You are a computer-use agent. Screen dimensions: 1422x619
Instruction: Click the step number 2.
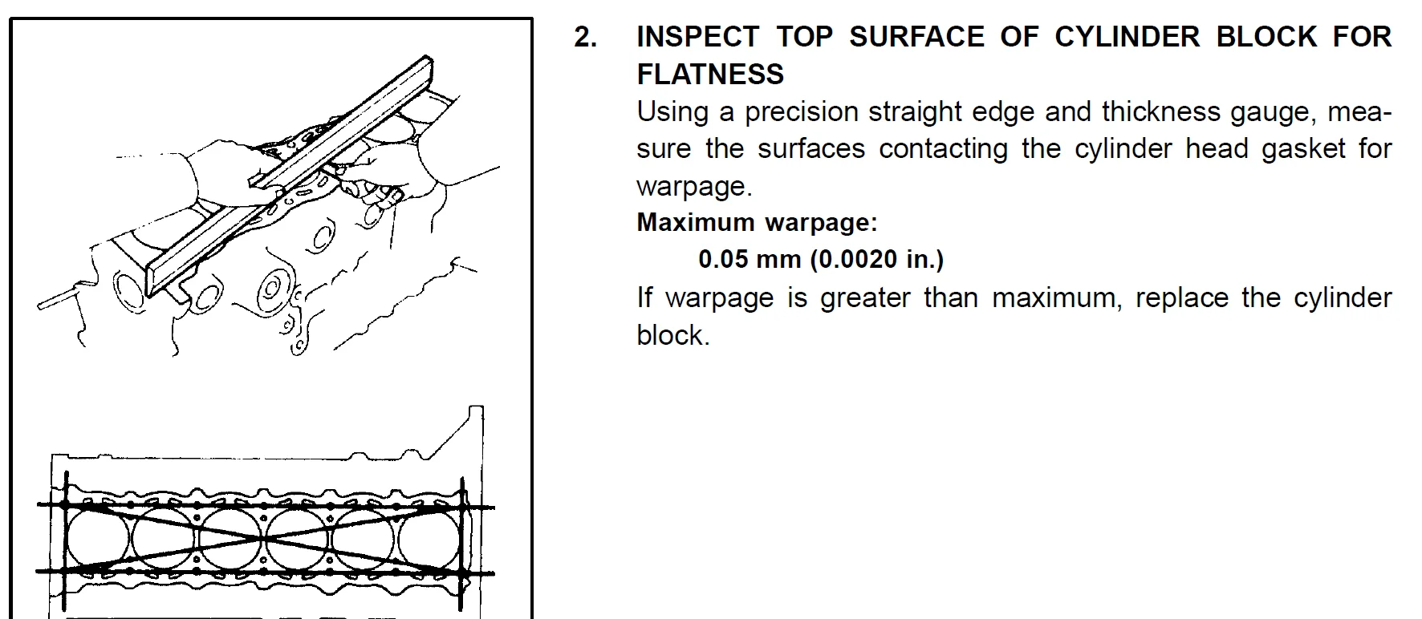pyautogui.click(x=585, y=37)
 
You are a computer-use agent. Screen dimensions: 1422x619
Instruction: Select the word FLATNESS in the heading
pyautogui.click(x=710, y=74)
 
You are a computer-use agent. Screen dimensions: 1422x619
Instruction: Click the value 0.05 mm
pyautogui.click(x=750, y=259)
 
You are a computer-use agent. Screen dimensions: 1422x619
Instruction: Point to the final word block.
pyautogui.click(x=673, y=335)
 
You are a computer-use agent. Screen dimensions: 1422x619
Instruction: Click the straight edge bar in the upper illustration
pyautogui.click(x=290, y=176)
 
